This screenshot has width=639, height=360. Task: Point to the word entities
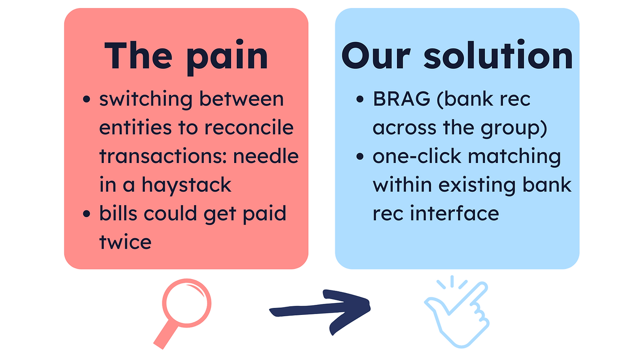(135, 127)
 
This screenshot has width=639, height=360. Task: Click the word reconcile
(249, 127)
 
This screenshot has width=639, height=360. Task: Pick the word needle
(266, 156)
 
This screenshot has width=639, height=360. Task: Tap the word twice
(125, 242)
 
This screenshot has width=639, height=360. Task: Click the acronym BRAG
(401, 99)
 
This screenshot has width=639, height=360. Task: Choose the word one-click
(417, 156)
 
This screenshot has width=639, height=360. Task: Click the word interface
(454, 213)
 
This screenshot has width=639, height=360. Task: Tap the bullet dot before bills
(86, 214)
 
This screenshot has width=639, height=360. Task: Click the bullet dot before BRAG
(360, 99)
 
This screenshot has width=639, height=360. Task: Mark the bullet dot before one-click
(360, 156)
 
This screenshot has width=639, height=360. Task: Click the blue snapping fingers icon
(457, 312)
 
